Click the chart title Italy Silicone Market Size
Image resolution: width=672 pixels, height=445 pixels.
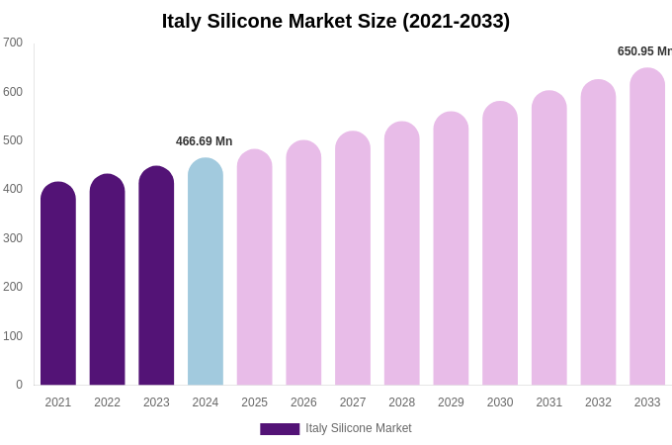click(336, 21)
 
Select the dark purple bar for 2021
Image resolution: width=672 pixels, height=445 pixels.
click(58, 287)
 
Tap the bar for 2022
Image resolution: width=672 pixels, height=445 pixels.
click(107, 282)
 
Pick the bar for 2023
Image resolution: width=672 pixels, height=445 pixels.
click(156, 277)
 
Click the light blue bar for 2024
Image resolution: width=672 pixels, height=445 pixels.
click(206, 274)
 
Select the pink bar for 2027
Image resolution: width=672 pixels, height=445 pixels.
click(353, 260)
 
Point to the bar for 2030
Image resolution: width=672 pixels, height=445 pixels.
click(500, 245)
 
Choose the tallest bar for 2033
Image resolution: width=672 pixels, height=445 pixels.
click(647, 228)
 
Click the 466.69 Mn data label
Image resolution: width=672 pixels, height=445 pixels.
click(205, 141)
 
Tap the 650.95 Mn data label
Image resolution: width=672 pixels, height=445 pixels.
click(644, 51)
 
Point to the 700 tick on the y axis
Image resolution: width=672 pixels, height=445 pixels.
click(13, 43)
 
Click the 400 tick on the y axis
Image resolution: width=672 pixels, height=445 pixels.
click(13, 189)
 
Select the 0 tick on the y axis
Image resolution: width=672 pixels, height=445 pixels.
click(19, 385)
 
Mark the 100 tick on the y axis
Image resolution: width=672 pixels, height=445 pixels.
click(13, 336)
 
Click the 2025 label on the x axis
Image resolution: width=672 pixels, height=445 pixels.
click(254, 402)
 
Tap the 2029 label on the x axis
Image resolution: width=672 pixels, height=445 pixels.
click(451, 402)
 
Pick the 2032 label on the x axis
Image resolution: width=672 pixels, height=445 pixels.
click(598, 402)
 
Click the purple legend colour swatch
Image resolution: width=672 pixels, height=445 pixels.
click(280, 429)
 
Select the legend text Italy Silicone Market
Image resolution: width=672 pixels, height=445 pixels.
click(359, 428)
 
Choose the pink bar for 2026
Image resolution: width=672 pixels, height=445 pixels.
click(303, 265)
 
